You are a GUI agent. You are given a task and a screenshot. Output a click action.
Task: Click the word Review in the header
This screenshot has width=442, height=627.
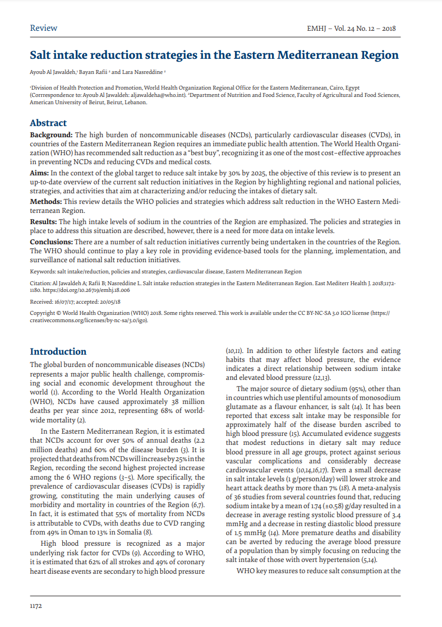pos(43,28)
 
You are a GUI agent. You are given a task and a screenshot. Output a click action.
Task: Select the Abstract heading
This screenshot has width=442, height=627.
pos(48,123)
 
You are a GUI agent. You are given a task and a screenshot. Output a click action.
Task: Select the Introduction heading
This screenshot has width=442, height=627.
pos(58,351)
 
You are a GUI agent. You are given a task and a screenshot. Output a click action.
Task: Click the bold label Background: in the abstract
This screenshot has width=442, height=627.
pos(51,135)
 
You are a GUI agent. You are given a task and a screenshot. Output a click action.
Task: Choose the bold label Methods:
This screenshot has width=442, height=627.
pos(45,202)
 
